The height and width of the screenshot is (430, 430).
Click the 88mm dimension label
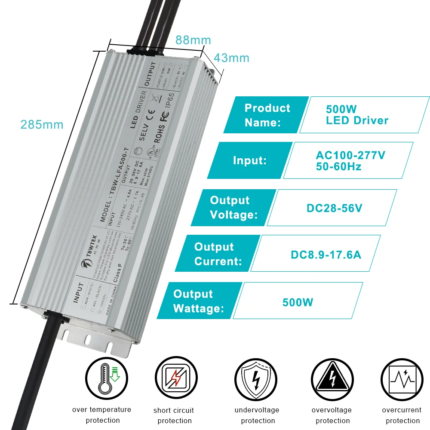(x=193, y=40)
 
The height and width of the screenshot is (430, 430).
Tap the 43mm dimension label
(x=232, y=58)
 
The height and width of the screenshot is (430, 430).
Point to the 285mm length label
(x=42, y=125)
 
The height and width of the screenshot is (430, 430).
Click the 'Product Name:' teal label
(x=267, y=115)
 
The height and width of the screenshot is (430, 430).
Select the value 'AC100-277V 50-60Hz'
(x=350, y=161)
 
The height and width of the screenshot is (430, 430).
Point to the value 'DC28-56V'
(x=334, y=208)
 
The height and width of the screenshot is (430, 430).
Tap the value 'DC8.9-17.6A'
(x=326, y=255)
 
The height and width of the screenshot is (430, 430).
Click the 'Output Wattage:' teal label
(x=198, y=301)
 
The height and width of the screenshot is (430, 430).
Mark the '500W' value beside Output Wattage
(x=298, y=302)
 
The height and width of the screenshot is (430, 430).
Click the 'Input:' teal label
(x=250, y=161)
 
